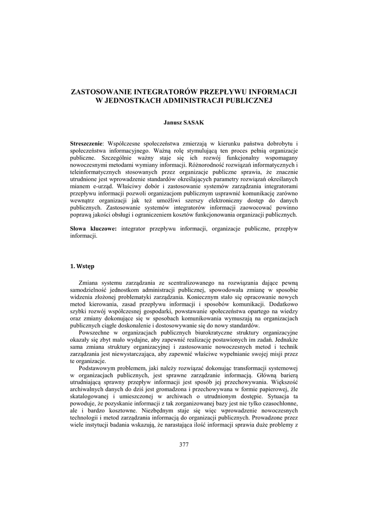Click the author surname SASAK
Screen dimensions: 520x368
[194, 122]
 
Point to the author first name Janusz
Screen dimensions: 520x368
[173, 122]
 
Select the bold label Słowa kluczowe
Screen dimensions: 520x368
[93, 229]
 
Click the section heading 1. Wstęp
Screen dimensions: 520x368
[82, 266]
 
